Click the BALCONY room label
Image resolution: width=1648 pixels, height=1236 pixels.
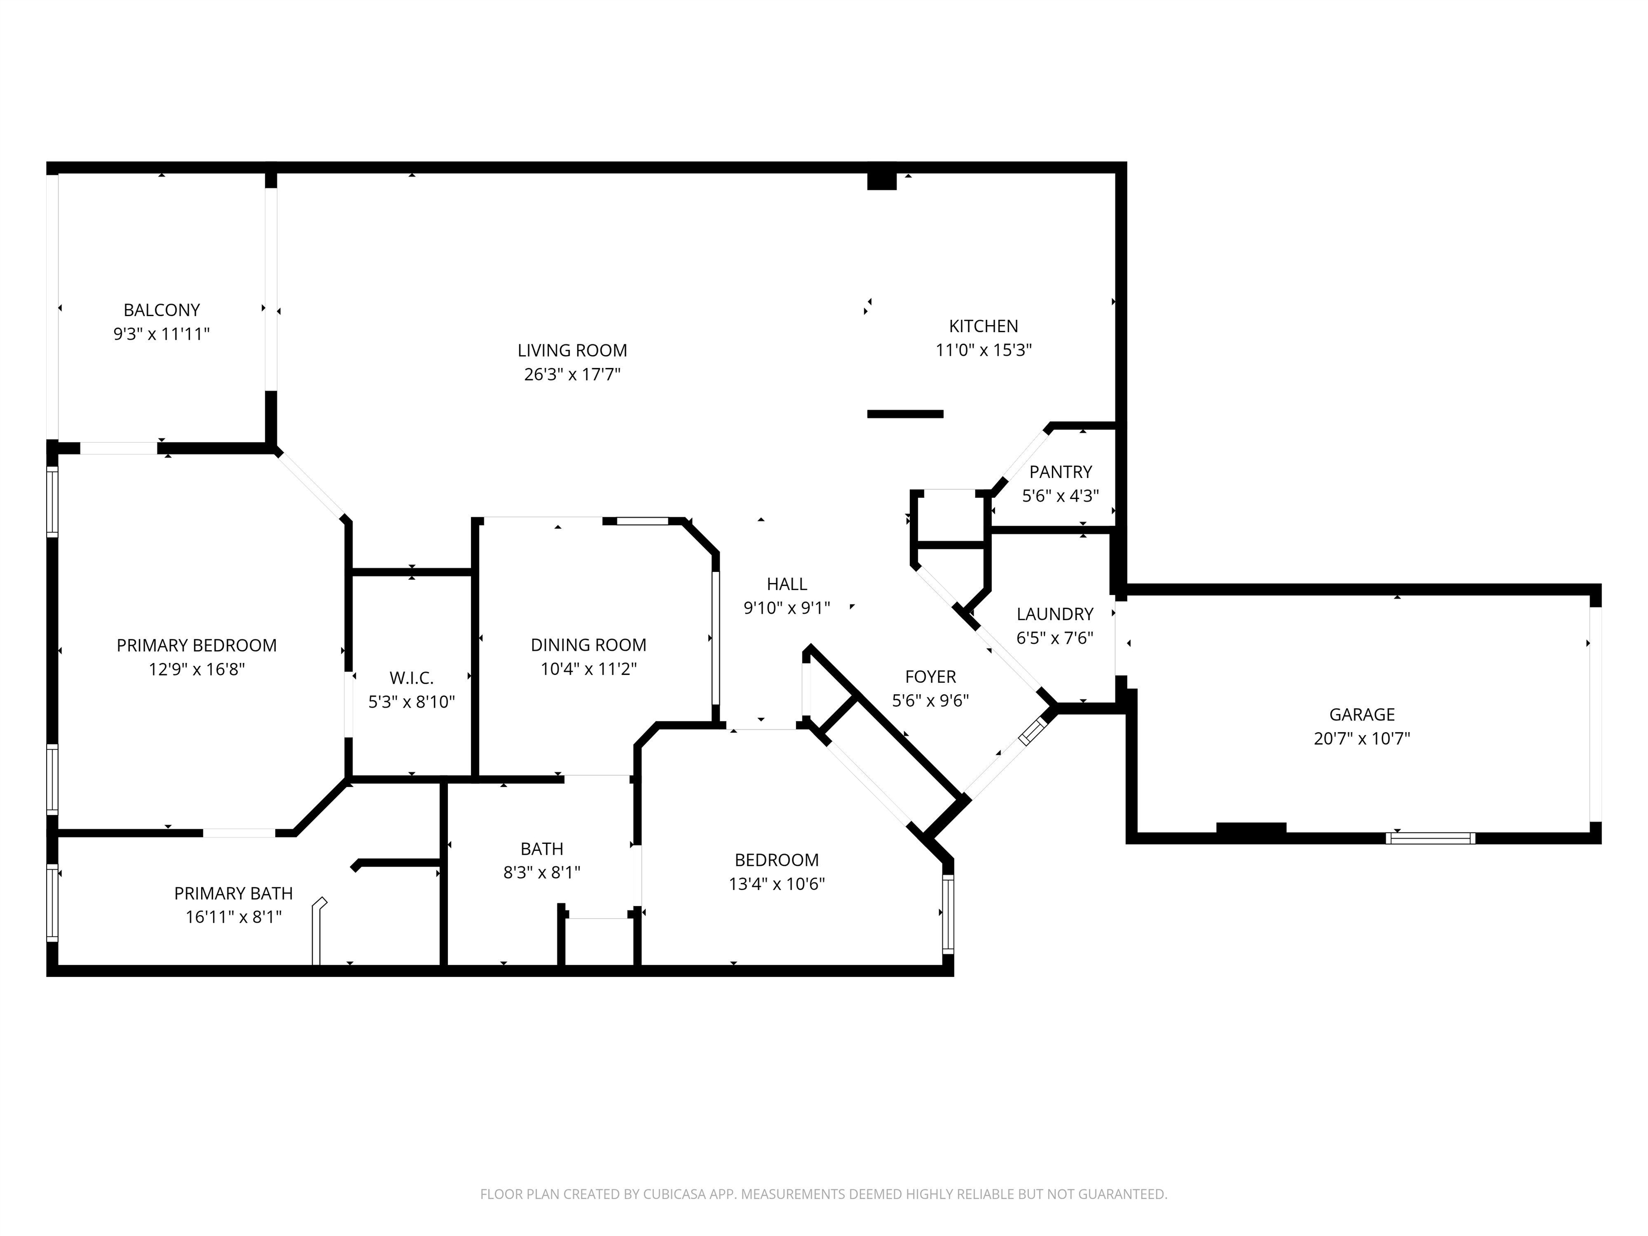161,310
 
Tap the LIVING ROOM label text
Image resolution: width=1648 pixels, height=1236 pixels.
572,350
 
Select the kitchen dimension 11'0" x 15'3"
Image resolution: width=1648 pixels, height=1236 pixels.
983,350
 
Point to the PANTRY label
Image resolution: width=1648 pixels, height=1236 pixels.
1060,472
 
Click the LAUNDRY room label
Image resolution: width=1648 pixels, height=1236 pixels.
1055,614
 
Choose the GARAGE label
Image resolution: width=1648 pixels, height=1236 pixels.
1362,715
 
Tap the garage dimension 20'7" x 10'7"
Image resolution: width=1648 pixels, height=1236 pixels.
1362,738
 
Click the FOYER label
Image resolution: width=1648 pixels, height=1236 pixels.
931,676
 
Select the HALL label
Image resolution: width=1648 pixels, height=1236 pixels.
787,584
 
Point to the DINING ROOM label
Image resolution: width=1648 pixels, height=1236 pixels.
588,645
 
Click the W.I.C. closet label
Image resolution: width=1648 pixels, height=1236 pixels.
411,678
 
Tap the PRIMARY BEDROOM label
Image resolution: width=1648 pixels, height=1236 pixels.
197,645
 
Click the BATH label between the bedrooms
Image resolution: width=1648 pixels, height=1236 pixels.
542,849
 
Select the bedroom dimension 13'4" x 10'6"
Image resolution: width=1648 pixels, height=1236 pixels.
777,884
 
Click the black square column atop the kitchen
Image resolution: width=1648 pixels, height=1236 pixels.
882,181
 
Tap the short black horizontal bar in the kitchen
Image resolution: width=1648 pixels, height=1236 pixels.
905,414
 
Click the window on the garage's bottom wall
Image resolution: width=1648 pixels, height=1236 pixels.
1430,838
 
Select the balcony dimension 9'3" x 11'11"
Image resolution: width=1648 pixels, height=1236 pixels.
161,334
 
